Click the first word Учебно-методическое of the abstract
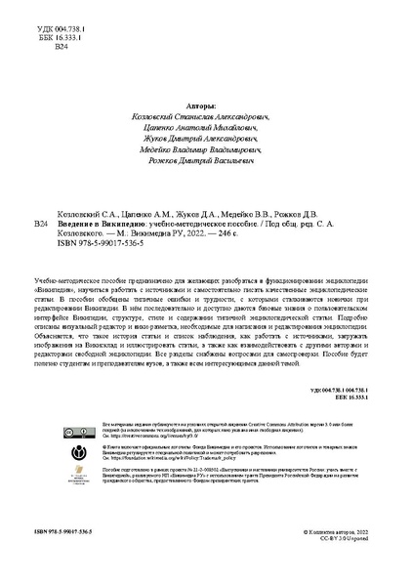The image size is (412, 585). click(x=68, y=279)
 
